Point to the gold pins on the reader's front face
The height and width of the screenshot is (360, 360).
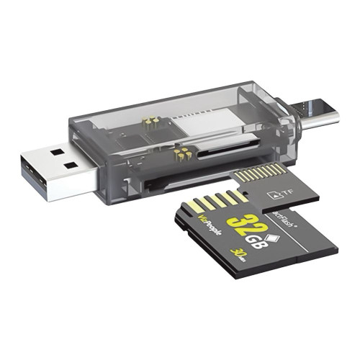[x=184, y=152]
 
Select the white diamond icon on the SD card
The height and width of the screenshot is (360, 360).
[x=272, y=236]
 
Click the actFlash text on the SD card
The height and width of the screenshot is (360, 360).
[x=282, y=217]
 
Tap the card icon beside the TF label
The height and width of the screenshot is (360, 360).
[x=273, y=194]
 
